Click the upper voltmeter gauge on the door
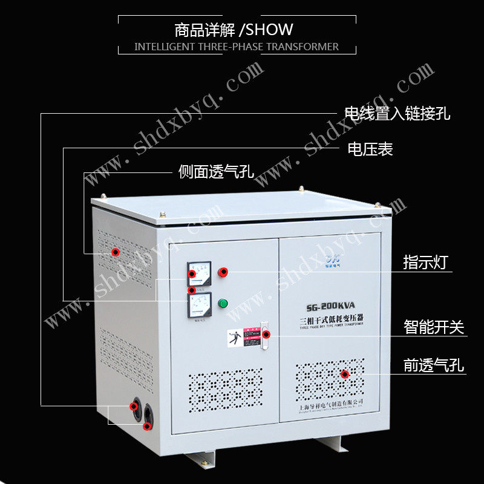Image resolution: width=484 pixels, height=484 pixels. (x=200, y=273)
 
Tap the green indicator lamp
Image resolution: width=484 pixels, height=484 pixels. (x=223, y=302)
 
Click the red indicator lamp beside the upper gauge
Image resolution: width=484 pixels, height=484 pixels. (x=223, y=272)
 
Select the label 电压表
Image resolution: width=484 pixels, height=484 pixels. (x=370, y=149)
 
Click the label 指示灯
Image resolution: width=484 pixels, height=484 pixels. (x=426, y=263)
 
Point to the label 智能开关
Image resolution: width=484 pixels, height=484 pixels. (x=434, y=327)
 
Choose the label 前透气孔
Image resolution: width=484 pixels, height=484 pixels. (x=434, y=365)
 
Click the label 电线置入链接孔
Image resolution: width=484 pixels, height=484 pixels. (x=397, y=113)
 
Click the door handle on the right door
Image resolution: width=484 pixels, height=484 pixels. (x=264, y=336)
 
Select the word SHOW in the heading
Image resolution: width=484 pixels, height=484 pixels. (x=270, y=29)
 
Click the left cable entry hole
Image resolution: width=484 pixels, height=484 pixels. (x=134, y=407)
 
